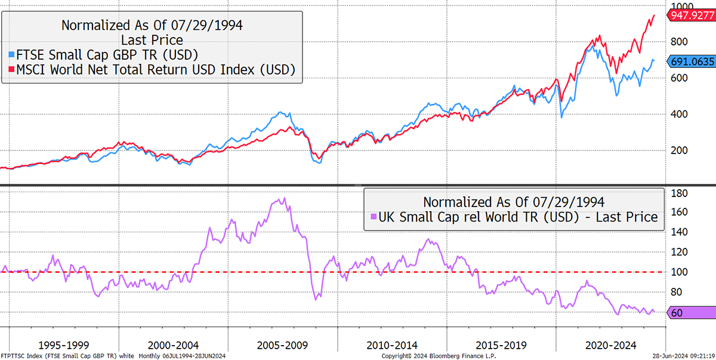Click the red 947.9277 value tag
tap(692, 16)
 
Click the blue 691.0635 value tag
tap(692, 61)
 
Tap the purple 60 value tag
tap(692, 313)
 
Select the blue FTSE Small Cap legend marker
tap(11, 55)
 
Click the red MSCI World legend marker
tap(11, 69)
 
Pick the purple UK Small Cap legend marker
tap(374, 217)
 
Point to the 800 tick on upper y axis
tap(679, 42)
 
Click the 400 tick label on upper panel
tap(679, 114)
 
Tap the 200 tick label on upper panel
tap(679, 150)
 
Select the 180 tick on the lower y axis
tap(679, 193)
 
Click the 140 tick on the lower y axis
tap(679, 232)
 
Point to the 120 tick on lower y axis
tap(679, 252)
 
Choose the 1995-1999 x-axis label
tap(64, 345)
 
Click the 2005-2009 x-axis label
tap(282, 345)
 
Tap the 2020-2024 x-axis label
tap(611, 345)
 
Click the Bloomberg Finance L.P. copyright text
tap(439, 356)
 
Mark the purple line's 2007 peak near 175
tap(285, 198)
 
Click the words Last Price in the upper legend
tap(152, 40)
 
